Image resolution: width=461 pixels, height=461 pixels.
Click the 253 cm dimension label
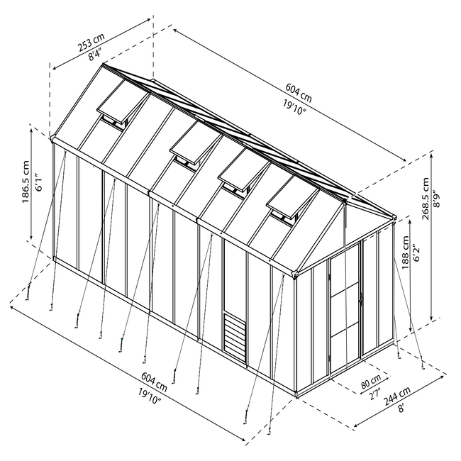pyautogui.click(x=91, y=42)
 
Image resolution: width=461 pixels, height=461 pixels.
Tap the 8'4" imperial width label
pyautogui.click(x=95, y=55)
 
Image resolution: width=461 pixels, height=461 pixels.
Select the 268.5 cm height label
pyautogui.click(x=425, y=198)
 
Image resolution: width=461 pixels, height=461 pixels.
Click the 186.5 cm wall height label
pyautogui.click(x=26, y=182)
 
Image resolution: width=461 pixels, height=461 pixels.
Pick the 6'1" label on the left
pyautogui.click(x=38, y=182)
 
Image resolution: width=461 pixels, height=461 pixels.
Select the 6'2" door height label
pyautogui.click(x=417, y=253)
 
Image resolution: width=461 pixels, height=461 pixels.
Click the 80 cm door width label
pyautogui.click(x=371, y=382)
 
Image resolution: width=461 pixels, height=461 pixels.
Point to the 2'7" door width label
pyautogui.click(x=375, y=394)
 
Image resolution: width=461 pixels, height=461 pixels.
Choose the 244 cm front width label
pyautogui.click(x=397, y=396)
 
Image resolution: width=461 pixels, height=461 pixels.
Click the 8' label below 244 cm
pyautogui.click(x=401, y=408)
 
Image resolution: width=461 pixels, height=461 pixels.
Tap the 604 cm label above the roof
pyautogui.click(x=299, y=93)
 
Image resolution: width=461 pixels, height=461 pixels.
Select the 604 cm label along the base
pyautogui.click(x=154, y=382)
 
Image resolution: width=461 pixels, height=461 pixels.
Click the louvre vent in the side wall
pyautogui.click(x=235, y=338)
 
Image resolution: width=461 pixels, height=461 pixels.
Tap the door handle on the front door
pyautogui.click(x=361, y=300)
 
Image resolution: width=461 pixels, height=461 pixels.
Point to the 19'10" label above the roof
pyautogui.click(x=294, y=108)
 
